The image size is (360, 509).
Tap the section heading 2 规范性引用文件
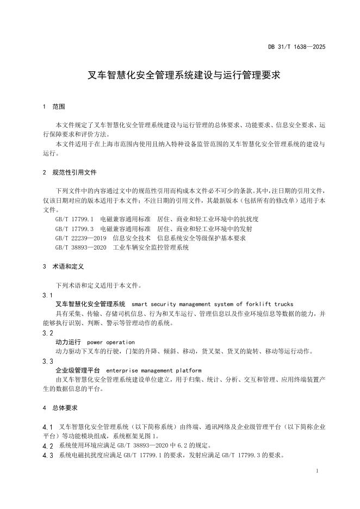tap(70, 172)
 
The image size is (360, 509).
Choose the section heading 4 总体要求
tap(60, 407)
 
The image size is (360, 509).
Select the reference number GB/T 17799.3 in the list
tap(75, 228)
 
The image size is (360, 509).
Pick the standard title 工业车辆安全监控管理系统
tap(151, 247)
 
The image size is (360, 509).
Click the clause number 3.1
tap(48, 295)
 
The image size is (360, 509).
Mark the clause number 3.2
tap(48, 333)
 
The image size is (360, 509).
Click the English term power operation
tap(111, 342)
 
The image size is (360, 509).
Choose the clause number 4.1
tap(48, 427)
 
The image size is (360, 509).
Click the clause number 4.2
tap(48, 446)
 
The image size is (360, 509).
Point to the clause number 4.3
tap(48, 456)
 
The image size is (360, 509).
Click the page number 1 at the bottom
tap(316, 471)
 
